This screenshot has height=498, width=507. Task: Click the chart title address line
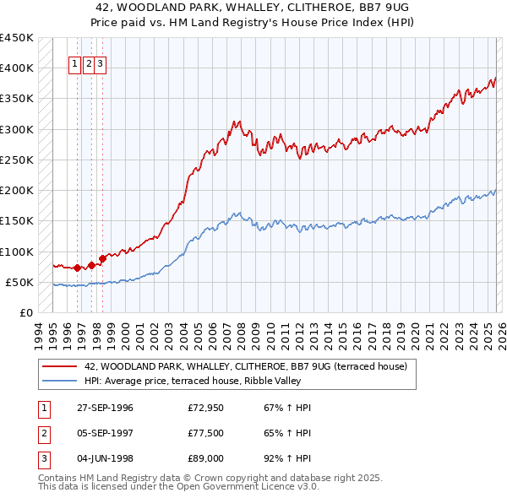click(x=253, y=8)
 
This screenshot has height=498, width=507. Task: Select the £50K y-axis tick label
click(x=19, y=282)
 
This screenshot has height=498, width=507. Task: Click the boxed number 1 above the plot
click(x=75, y=62)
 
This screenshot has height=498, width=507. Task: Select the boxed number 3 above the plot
click(x=100, y=62)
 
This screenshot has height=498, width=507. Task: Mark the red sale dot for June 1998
click(x=102, y=258)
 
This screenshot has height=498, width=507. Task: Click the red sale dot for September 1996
click(x=78, y=268)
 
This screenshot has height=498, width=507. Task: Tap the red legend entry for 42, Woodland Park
click(x=246, y=366)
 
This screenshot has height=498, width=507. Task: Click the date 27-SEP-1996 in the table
click(x=105, y=408)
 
